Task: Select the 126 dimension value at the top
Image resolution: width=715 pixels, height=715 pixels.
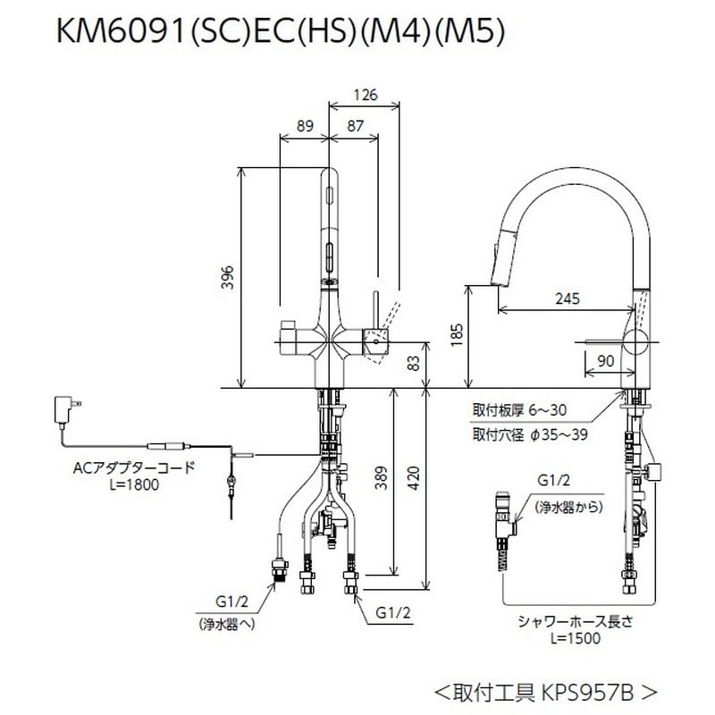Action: pos(364,94)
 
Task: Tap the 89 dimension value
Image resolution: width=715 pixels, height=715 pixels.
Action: pos(306,127)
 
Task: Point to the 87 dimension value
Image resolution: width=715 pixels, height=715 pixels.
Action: pos(356,127)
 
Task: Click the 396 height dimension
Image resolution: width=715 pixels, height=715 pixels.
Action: pos(228,277)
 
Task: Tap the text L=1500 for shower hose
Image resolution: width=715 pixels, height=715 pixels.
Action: pos(576,638)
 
